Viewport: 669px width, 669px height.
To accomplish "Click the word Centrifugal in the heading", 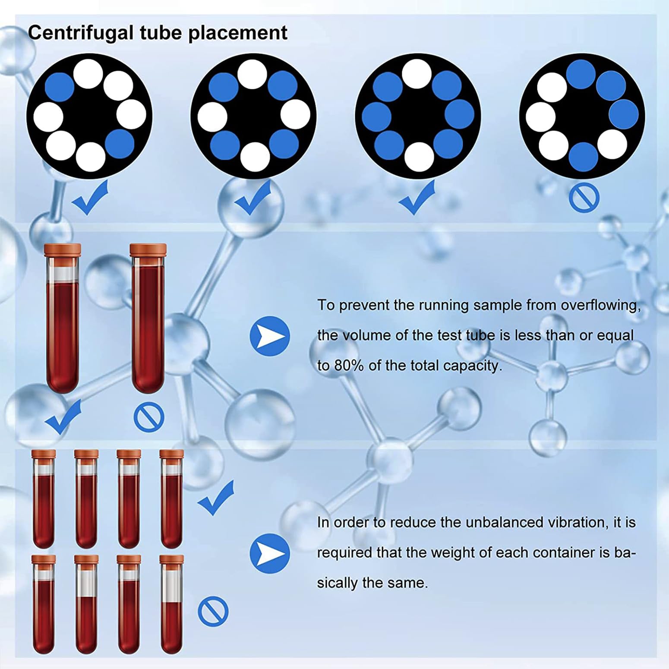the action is [x=80, y=33].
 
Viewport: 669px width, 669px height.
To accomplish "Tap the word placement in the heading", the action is [x=238, y=33].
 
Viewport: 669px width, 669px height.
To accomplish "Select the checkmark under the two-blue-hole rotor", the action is [x=90, y=197].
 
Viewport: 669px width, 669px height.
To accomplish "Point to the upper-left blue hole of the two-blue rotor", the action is [x=60, y=87].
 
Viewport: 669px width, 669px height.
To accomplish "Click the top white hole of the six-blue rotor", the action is [x=417, y=74].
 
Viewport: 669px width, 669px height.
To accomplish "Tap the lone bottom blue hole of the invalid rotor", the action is [x=584, y=157].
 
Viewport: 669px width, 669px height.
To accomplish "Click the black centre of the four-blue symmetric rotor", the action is [x=253, y=116].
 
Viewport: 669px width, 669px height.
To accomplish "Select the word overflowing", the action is [x=600, y=306].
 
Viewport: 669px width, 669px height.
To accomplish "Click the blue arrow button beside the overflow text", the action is [x=270, y=336].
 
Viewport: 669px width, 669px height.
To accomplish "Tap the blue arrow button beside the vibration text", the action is [x=270, y=554].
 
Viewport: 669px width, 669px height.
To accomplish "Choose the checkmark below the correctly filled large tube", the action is [x=63, y=417].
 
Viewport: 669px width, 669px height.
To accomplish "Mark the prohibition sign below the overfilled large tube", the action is [x=149, y=417].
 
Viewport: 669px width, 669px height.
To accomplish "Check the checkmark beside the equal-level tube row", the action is [x=216, y=498].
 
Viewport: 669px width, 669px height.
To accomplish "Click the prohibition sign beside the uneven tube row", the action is [x=213, y=611].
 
